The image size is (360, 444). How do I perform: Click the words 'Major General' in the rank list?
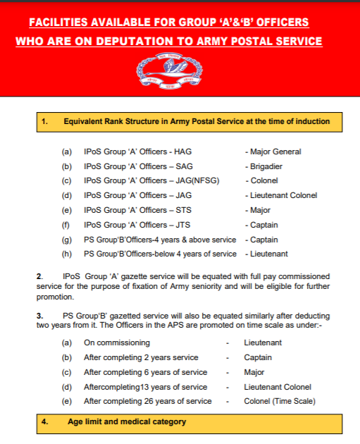click(275, 152)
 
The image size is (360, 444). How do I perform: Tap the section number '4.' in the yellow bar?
click(44, 422)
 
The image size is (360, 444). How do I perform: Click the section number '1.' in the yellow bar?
click(44, 121)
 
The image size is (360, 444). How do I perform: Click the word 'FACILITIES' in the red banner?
click(63, 23)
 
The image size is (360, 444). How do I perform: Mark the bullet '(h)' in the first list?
click(67, 254)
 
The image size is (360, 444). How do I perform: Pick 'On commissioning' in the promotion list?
click(117, 343)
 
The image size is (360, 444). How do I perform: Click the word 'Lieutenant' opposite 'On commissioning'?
click(263, 343)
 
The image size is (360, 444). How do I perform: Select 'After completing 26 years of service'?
click(147, 401)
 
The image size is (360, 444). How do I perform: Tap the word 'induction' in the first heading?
click(312, 121)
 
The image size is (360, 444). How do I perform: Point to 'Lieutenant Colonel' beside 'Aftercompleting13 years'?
click(278, 387)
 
